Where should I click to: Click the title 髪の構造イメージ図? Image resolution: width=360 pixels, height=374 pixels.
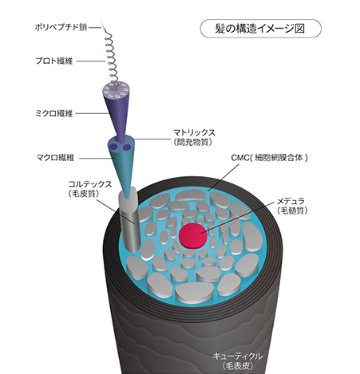[260, 28]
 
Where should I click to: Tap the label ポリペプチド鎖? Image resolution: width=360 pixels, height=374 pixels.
[61, 27]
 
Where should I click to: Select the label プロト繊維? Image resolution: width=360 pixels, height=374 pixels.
[54, 61]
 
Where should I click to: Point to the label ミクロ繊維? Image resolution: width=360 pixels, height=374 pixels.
[54, 113]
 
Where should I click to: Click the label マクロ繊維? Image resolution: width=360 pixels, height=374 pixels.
[55, 158]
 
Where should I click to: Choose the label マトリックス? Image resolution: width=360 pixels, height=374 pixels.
[194, 132]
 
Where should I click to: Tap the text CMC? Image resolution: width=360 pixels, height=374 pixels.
[240, 158]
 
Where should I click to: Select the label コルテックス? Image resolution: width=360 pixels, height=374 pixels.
[90, 184]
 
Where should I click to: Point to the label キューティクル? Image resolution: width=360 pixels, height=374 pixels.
[238, 356]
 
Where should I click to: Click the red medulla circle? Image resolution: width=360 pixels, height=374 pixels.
[193, 236]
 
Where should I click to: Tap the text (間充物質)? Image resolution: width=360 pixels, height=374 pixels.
[193, 142]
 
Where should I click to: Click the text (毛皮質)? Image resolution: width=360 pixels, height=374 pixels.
[85, 194]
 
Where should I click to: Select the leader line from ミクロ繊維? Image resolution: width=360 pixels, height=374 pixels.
[93, 113]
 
